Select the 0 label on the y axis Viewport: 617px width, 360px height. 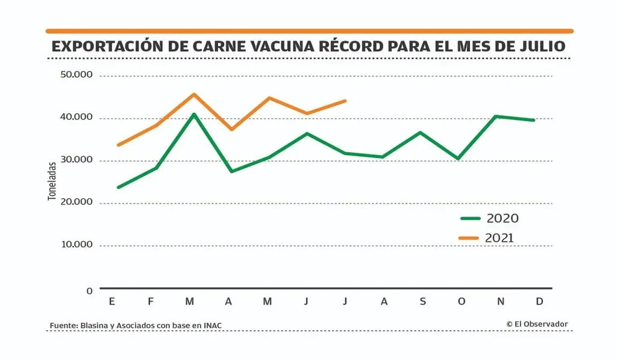89,291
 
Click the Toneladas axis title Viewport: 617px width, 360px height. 52,180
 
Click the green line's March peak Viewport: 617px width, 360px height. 193,114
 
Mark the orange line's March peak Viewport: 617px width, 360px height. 193,94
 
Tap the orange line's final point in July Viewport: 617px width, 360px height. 345,101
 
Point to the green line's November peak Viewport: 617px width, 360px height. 495,116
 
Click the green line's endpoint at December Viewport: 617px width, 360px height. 534,120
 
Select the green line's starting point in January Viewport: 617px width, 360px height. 118,187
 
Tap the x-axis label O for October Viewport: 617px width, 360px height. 461,302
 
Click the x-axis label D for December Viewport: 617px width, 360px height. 539,302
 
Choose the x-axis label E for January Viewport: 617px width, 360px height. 112,302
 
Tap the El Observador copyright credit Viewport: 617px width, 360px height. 537,324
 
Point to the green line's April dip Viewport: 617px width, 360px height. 231,171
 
